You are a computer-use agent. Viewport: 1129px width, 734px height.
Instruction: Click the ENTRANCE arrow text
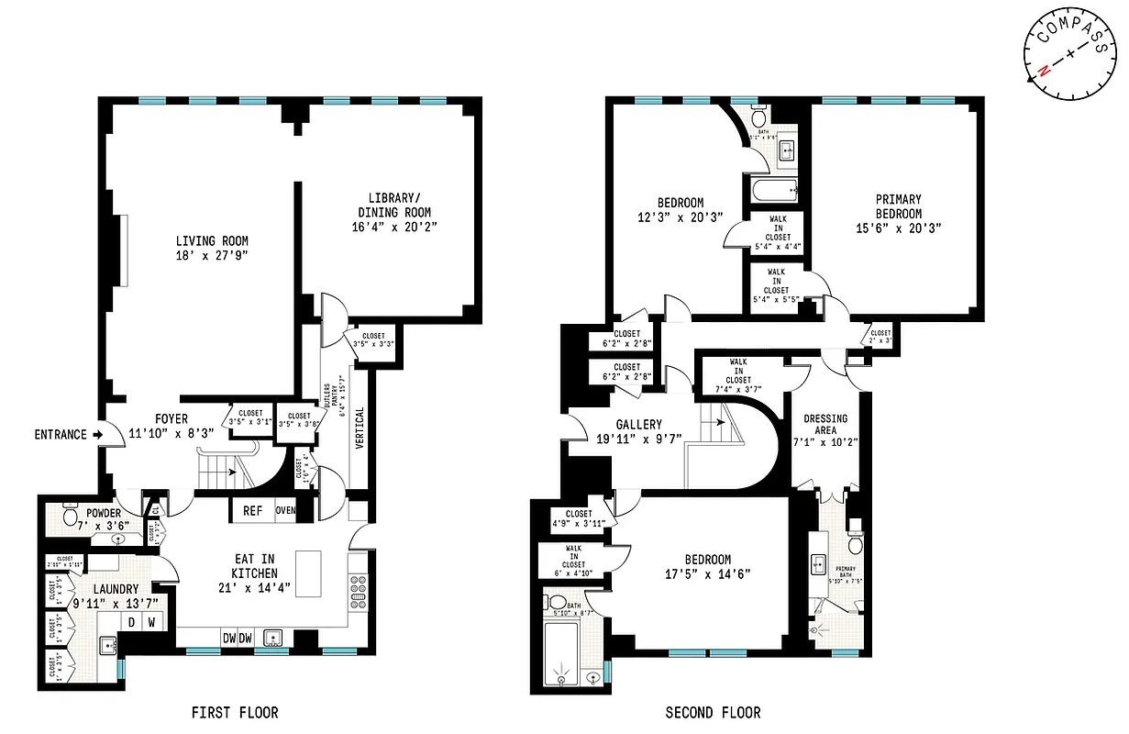[61, 434]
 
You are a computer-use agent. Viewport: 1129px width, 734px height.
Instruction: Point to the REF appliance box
[253, 511]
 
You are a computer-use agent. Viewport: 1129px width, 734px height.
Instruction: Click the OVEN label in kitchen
[285, 511]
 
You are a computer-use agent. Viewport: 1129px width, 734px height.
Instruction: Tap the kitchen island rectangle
[310, 574]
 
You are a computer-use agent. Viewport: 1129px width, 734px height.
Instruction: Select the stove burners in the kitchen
[359, 591]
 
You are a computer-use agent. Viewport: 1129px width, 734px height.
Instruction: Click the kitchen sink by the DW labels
[271, 638]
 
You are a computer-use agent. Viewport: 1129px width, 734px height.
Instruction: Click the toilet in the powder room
[70, 517]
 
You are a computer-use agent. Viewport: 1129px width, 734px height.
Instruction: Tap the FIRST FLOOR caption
[234, 712]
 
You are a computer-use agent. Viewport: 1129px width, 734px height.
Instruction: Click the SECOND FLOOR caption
[713, 712]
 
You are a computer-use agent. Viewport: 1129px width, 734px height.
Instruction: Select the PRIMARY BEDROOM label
[898, 206]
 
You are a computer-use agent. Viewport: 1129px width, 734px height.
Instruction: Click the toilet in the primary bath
[855, 545]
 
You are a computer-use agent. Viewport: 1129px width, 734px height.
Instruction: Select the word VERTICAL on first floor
[360, 428]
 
